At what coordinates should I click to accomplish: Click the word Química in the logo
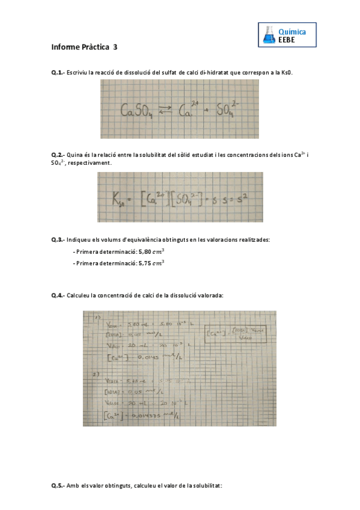click(x=293, y=31)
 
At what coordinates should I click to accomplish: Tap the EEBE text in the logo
click(x=287, y=40)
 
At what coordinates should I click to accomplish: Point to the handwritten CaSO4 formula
click(x=138, y=111)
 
